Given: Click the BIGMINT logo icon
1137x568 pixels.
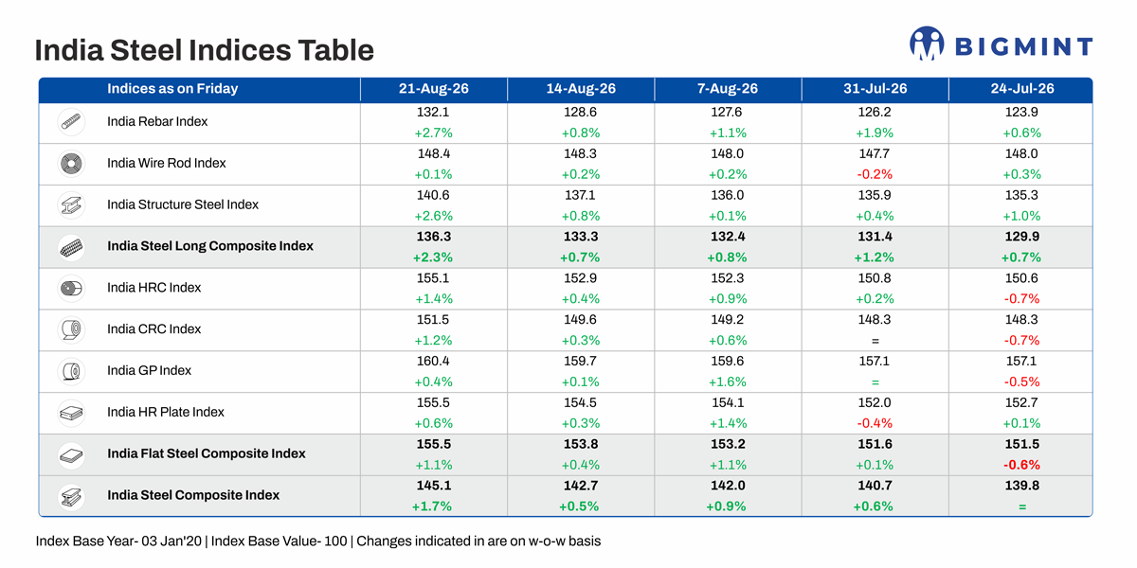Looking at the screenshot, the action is tap(927, 44).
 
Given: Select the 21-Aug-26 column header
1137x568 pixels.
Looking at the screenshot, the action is tap(434, 89).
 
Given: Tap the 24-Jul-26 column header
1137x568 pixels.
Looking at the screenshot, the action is tap(1022, 89).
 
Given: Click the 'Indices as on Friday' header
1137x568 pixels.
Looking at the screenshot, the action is tap(172, 89).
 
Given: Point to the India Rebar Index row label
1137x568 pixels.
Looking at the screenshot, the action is tap(157, 122).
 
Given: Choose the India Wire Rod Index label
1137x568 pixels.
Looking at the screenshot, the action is tap(167, 163).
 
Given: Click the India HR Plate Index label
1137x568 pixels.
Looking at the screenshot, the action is tap(166, 412).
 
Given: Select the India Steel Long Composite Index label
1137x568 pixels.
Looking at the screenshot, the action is tap(210, 246).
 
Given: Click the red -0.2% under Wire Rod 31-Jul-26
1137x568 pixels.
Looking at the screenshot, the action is tap(875, 174).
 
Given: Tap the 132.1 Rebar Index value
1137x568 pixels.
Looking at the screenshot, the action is tap(433, 112).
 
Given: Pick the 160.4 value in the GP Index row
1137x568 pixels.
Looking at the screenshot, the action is tap(433, 361).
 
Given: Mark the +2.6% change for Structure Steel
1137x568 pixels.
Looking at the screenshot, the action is tap(434, 216).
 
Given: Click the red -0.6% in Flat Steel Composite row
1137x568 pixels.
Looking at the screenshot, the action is tap(1021, 465).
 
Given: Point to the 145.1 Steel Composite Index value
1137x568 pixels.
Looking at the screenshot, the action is tap(434, 486).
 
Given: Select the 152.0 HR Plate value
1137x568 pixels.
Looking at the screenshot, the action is tap(875, 402).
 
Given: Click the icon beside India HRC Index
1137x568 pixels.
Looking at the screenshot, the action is tap(71, 289).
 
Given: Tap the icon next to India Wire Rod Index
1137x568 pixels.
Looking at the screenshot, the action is tap(71, 164).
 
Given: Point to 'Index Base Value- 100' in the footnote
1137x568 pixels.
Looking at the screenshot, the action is tap(280, 541).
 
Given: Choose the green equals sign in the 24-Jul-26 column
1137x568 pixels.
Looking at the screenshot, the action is tap(1022, 506).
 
